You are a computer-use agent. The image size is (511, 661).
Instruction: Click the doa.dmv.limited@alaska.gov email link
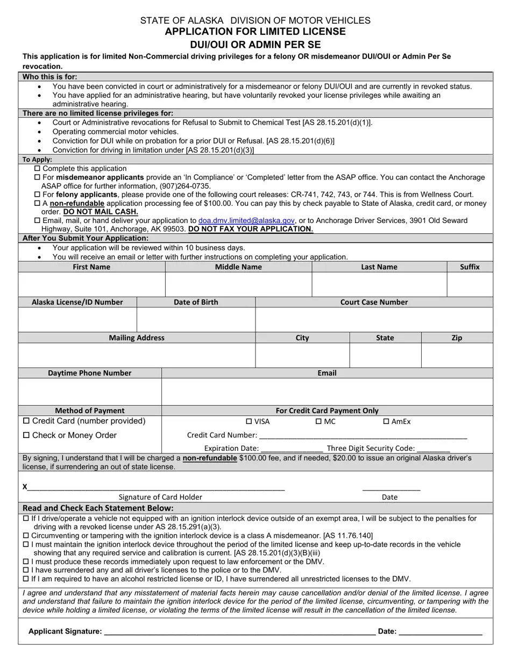pos(246,220)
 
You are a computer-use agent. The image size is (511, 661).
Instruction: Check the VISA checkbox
pos(249,421)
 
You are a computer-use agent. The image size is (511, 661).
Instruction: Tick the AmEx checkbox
pos(386,421)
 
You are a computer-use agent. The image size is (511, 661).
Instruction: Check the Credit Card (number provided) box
pos(26,421)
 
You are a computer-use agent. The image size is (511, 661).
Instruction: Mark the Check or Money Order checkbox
pos(26,435)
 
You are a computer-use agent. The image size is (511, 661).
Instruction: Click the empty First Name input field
pos(91,284)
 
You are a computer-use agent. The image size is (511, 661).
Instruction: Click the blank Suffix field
pos(470,284)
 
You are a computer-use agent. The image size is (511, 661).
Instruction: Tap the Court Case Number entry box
pos(374,320)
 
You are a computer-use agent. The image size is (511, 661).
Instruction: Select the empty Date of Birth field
pos(196,320)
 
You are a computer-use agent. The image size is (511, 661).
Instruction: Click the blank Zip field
pos(457,355)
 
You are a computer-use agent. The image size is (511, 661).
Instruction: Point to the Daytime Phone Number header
pos(89,373)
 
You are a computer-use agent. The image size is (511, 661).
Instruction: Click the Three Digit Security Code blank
pos(433,449)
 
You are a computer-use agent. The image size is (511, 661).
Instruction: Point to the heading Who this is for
pos(49,77)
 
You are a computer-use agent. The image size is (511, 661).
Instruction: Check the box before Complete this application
pos(38,169)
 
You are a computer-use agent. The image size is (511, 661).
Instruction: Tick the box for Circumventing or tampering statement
pos(26,536)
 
